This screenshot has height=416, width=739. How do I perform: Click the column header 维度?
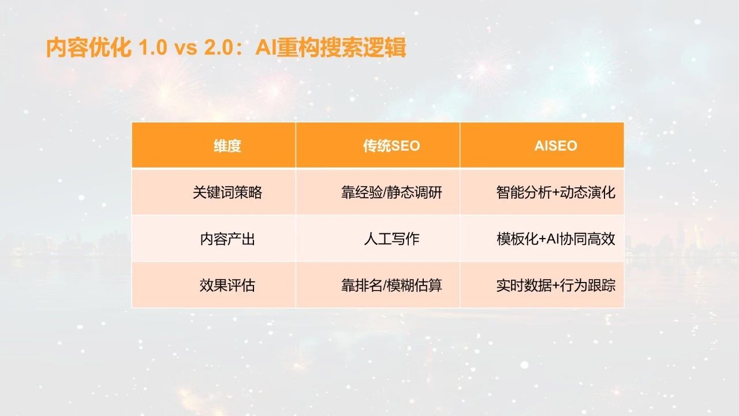click(x=227, y=146)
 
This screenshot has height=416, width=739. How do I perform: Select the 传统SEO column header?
click(x=391, y=146)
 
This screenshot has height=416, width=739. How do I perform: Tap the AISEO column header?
click(x=555, y=146)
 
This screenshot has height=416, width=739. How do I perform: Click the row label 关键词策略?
click(x=227, y=192)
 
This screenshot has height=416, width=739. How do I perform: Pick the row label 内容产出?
click(x=227, y=239)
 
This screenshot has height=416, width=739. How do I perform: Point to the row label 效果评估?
click(x=227, y=285)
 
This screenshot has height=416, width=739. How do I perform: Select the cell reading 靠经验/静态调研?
click(x=391, y=192)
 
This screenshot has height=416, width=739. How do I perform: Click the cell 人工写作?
click(x=391, y=239)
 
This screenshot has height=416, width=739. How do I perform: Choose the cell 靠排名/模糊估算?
click(x=391, y=285)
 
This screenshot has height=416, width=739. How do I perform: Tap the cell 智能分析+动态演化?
click(x=555, y=192)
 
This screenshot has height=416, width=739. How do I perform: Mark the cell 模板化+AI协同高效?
click(x=555, y=239)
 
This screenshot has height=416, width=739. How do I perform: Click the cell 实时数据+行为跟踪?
click(x=555, y=285)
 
